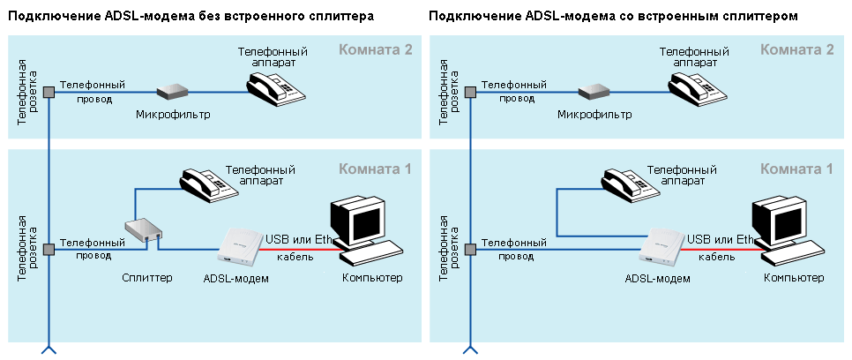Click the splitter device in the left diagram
pyautogui.click(x=144, y=232)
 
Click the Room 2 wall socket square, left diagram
pyautogui.click(x=49, y=93)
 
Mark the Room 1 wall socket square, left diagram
pyautogui.click(x=49, y=250)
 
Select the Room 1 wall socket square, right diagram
pyautogui.click(x=471, y=250)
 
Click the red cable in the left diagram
pyautogui.click(x=301, y=250)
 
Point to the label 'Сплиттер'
pyautogui.click(x=146, y=278)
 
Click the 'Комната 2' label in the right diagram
pyautogui.click(x=797, y=50)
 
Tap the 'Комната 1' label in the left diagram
pyautogui.click(x=376, y=169)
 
